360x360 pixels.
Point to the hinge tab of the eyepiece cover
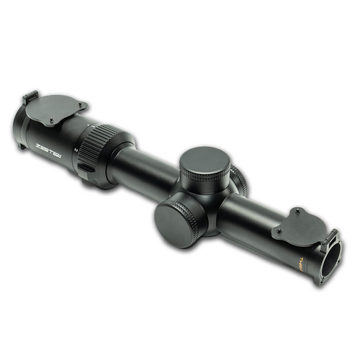[30, 97]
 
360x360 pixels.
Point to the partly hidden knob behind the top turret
[240, 179]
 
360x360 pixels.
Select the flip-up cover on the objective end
[299, 223]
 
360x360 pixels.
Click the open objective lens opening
[332, 256]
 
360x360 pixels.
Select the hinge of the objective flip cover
[330, 235]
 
